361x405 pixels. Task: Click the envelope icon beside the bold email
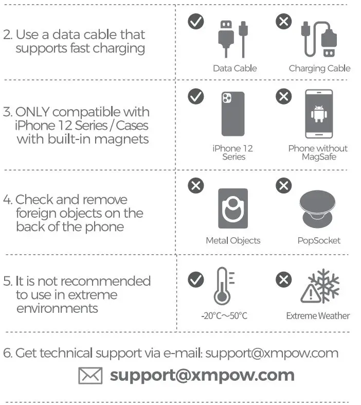[91, 375]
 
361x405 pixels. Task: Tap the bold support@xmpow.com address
[202, 375]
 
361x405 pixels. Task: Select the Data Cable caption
[234, 68]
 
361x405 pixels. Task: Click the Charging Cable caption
[319, 68]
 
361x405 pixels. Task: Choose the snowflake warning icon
[320, 288]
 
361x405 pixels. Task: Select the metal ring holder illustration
[233, 208]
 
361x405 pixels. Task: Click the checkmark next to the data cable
[195, 22]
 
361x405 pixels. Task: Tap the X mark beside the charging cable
[283, 22]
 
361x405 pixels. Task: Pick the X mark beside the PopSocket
[283, 185]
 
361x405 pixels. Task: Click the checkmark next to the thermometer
[195, 280]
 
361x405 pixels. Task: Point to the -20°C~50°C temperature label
[224, 316]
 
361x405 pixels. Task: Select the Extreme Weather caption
[318, 316]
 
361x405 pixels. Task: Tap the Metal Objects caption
[233, 240]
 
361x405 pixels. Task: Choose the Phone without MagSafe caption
[318, 152]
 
